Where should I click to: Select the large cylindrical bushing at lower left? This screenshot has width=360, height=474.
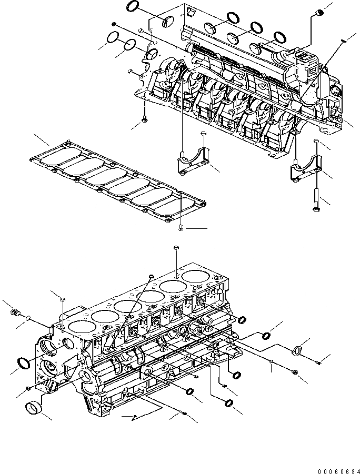[x=34, y=408]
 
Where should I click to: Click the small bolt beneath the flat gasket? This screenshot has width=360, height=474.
[x=181, y=227]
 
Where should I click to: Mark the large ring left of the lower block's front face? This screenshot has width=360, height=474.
[x=23, y=363]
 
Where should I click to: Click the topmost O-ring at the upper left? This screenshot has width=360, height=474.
[x=133, y=7]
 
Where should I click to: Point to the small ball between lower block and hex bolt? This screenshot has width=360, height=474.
[x=270, y=361]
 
